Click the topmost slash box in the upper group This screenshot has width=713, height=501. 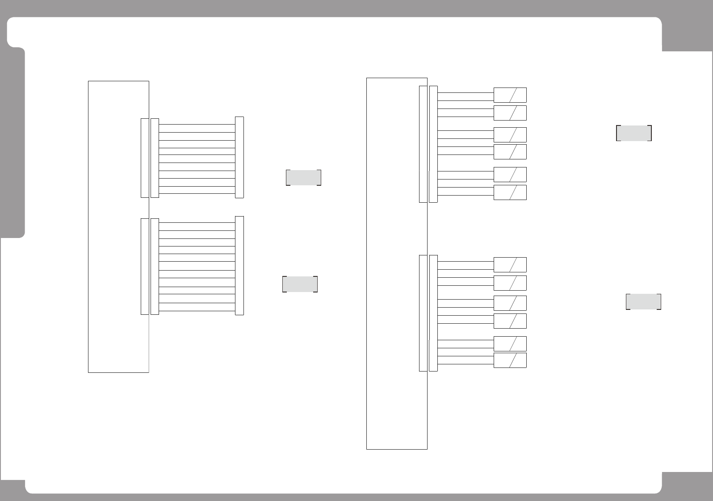click(x=510, y=95)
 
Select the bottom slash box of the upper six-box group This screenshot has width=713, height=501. click(x=510, y=192)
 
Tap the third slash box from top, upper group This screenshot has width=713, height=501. click(x=510, y=135)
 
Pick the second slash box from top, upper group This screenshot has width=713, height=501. click(x=510, y=113)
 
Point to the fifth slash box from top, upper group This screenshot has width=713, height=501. click(x=510, y=175)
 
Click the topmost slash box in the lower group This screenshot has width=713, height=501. click(x=510, y=265)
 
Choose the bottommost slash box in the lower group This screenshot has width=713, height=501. click(x=510, y=360)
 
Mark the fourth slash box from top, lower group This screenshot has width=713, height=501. click(x=510, y=321)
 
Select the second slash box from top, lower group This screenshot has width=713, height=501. click(x=510, y=283)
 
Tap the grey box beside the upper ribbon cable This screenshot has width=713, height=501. click(x=303, y=178)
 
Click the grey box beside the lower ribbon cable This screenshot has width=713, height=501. click(x=300, y=284)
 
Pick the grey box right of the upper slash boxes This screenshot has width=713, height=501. click(x=633, y=134)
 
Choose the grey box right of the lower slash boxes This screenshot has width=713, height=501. click(x=643, y=302)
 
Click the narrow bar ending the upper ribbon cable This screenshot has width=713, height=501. click(x=239, y=157)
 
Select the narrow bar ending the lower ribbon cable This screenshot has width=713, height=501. click(x=239, y=266)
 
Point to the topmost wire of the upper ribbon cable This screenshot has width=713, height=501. click(x=197, y=125)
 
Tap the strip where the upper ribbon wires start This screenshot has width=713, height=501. click(x=155, y=158)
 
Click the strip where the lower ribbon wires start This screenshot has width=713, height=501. click(x=155, y=267)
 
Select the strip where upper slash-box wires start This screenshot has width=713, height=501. click(x=433, y=144)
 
